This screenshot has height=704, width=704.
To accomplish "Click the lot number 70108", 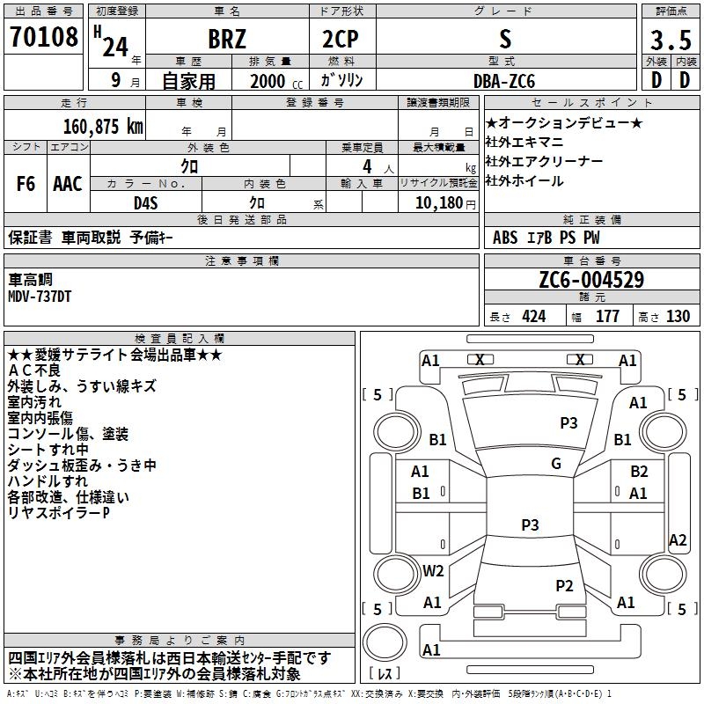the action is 43,36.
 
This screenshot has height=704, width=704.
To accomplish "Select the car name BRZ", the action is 227,39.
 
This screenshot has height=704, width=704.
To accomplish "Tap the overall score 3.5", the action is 671,40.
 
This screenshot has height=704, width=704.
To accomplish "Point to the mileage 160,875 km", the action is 103,127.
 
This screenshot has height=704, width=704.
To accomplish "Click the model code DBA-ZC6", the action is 504,81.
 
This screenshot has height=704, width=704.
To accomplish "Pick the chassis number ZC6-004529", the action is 591,280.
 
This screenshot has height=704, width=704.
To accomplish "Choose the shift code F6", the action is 26,184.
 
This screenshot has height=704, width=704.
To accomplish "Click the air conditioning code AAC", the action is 68,184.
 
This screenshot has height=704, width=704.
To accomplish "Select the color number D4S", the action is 146,203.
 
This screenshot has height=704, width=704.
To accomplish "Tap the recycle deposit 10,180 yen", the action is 445,203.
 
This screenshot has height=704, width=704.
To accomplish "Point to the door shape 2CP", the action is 341,39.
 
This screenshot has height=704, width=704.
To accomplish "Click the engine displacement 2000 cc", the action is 276,81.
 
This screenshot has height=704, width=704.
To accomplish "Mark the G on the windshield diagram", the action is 556,464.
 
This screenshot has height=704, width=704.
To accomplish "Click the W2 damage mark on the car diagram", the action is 433,570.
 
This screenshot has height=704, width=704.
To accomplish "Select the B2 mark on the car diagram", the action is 639,472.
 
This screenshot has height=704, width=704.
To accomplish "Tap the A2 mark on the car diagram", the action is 678,540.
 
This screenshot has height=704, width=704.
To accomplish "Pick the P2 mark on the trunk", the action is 564,586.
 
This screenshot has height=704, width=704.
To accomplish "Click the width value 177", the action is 607,316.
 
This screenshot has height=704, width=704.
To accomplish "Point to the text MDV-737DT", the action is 40,297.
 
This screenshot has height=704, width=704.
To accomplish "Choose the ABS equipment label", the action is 505,238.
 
